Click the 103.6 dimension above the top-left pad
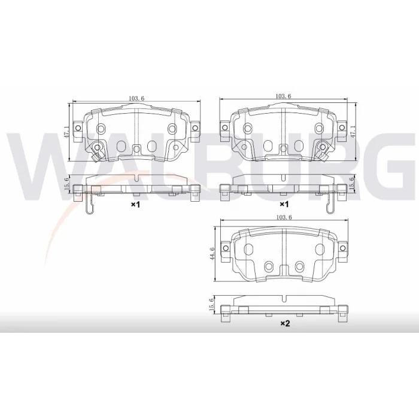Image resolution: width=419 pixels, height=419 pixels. click(x=136, y=98)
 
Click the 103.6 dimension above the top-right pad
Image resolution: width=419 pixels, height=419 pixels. click(x=283, y=96)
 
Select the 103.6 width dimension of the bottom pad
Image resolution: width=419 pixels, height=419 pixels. click(x=284, y=217)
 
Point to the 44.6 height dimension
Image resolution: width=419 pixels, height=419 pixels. click(x=212, y=253)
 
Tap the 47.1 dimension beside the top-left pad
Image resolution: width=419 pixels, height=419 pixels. click(x=67, y=132)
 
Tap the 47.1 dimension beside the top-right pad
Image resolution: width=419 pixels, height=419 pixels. click(x=353, y=132)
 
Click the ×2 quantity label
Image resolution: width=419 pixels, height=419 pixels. click(x=285, y=324)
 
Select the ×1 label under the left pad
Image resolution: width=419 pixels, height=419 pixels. click(x=135, y=205)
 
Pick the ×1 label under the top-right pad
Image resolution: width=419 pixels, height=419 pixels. click(x=284, y=205)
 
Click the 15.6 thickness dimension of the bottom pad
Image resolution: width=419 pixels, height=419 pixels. click(x=212, y=304)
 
